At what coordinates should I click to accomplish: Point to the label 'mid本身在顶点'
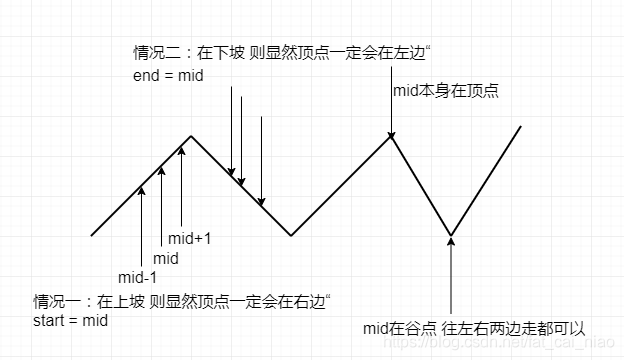click(x=446, y=91)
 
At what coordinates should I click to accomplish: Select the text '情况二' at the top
click(x=155, y=53)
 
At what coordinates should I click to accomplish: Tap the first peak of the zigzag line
click(x=191, y=136)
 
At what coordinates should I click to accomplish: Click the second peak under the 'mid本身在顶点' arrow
click(x=391, y=136)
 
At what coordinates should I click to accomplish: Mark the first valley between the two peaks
click(x=291, y=236)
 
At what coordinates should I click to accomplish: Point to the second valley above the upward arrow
click(x=451, y=236)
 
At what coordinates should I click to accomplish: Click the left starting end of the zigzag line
click(x=92, y=235)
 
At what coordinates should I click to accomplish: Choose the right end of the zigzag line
click(x=520, y=127)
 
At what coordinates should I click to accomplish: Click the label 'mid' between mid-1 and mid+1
click(x=166, y=258)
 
